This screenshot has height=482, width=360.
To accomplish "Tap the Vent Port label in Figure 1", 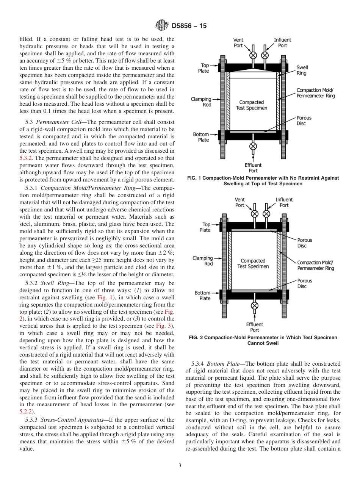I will [x=238, y=42].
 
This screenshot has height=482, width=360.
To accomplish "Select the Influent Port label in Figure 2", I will [x=284, y=202].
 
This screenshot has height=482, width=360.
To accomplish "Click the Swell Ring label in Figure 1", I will [x=302, y=70].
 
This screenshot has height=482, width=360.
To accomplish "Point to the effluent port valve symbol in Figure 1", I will [x=253, y=146].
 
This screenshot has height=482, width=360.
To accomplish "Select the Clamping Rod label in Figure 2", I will [x=203, y=261].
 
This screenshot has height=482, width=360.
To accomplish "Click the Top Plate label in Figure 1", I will [x=204, y=68].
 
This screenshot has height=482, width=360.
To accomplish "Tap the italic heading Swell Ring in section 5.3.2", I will [x=52, y=283].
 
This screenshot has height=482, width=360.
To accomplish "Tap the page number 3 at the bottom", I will [x=180, y=466].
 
